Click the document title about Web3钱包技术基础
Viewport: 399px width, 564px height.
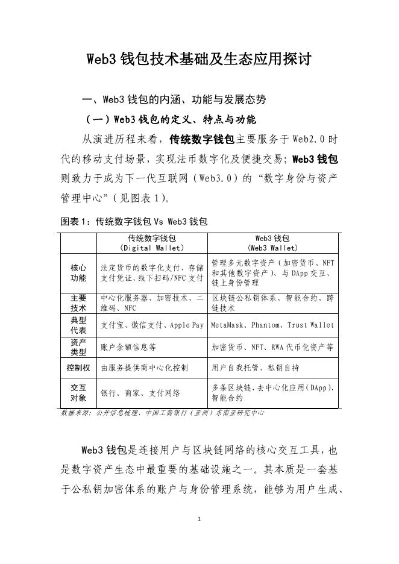click(x=199, y=59)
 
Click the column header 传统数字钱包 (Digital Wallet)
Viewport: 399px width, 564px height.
click(x=152, y=243)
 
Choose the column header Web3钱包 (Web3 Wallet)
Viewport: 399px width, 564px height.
click(x=272, y=243)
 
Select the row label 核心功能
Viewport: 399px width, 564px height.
click(x=78, y=273)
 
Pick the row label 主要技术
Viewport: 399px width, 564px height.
click(x=78, y=303)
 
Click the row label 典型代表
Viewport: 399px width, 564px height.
click(x=78, y=325)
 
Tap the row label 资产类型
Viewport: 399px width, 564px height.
click(x=78, y=347)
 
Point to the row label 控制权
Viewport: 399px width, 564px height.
click(x=78, y=367)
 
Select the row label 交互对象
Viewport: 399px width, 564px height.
click(x=78, y=393)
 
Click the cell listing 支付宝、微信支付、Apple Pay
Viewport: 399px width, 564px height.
click(x=152, y=325)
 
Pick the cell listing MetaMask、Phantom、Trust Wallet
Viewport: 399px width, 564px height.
click(x=272, y=325)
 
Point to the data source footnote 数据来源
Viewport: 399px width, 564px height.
click(x=163, y=413)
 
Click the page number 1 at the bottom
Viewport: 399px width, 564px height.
click(x=199, y=518)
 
